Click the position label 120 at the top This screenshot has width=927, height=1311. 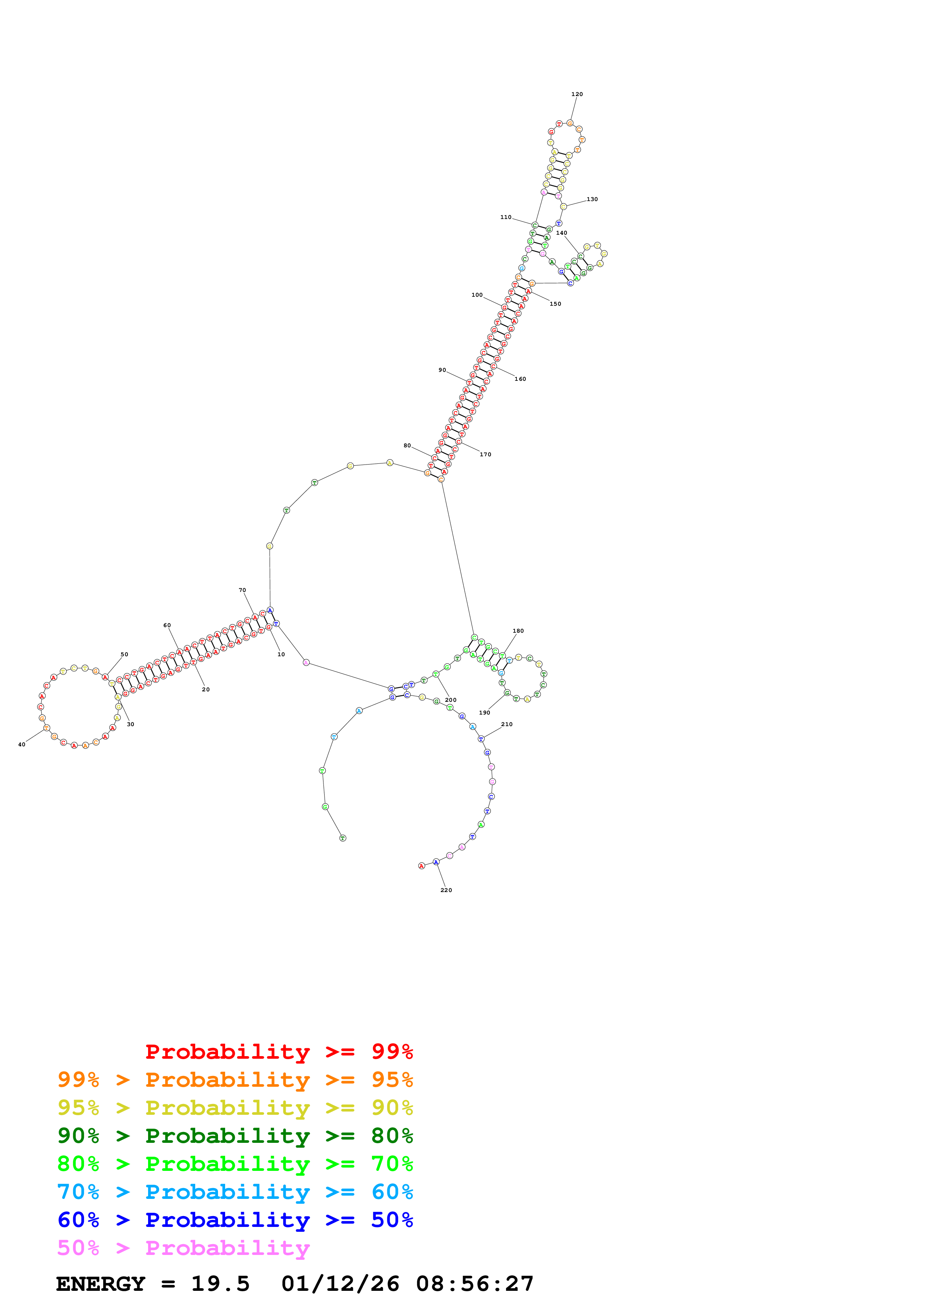coord(577,94)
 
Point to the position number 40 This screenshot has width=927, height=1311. coord(22,744)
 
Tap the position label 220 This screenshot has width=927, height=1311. coord(446,890)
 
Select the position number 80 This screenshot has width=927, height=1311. coord(407,445)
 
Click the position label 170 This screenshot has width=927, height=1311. coord(485,454)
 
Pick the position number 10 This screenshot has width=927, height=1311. coord(281,654)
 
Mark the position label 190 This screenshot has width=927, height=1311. coord(484,713)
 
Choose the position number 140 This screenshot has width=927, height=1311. coord(561,233)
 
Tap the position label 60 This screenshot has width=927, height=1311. coord(167,625)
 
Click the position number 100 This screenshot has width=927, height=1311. coord(477,295)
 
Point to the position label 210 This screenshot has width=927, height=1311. coord(507,724)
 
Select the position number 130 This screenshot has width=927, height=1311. coord(592,199)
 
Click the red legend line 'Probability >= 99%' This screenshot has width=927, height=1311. coord(279,1052)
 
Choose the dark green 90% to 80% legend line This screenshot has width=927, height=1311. coord(235,1136)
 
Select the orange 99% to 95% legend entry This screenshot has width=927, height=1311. coord(235,1080)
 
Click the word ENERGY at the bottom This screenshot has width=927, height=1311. coord(101,1284)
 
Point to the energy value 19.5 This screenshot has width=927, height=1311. coord(221,1284)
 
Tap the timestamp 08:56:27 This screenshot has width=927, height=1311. coord(475,1284)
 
